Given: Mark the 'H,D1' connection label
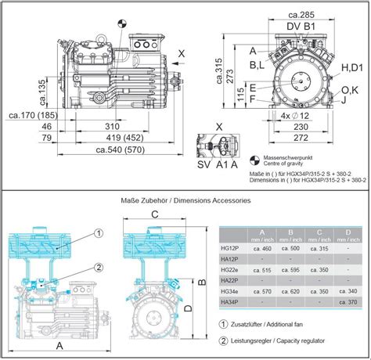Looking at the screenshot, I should coord(351,70).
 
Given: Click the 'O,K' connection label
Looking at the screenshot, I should coord(350,90).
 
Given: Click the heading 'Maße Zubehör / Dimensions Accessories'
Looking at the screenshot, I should coord(185,201).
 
